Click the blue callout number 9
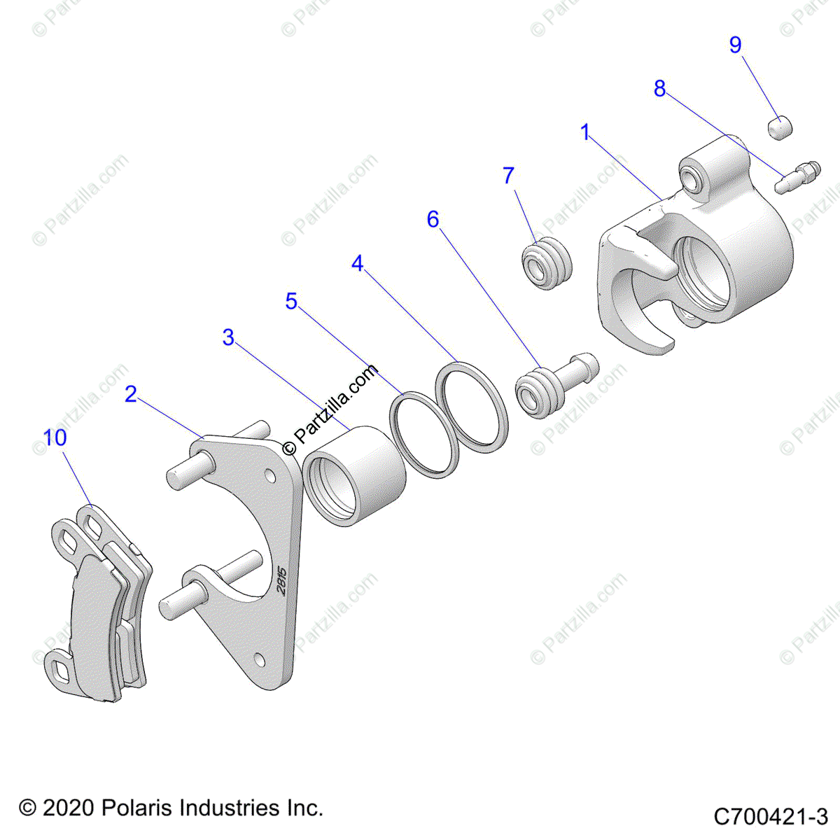click(735, 45)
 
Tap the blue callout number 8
click(659, 89)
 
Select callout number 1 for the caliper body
click(585, 132)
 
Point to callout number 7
click(509, 176)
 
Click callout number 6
click(433, 220)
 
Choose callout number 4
click(358, 264)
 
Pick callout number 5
click(291, 302)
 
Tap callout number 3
click(228, 337)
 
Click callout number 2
click(131, 394)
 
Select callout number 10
click(55, 437)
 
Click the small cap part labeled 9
click(779, 128)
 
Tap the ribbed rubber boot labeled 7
click(547, 265)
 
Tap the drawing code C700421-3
click(771, 816)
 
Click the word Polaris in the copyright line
click(136, 808)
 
